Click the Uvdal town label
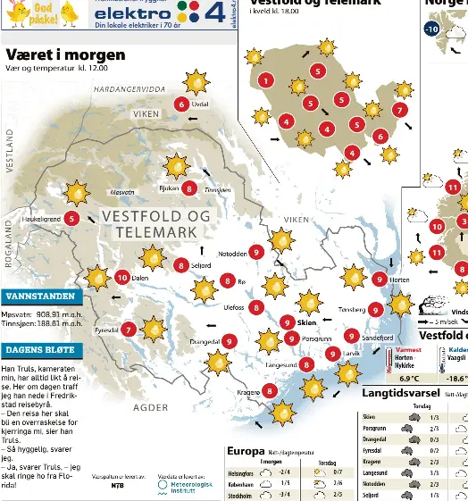[x=200, y=104]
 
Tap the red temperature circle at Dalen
[x=122, y=278]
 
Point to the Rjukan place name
[x=169, y=189]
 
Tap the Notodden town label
[x=233, y=254]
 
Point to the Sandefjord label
[x=377, y=338]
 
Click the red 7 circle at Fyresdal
[x=130, y=330]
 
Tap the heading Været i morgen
[x=65, y=55]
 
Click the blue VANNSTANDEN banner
[x=42, y=296]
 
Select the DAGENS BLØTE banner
[x=42, y=351]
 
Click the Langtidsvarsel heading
[x=402, y=393]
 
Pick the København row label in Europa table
[x=241, y=483]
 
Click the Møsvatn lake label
[x=122, y=192]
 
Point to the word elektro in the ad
[x=133, y=13]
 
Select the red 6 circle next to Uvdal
[x=182, y=104]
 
